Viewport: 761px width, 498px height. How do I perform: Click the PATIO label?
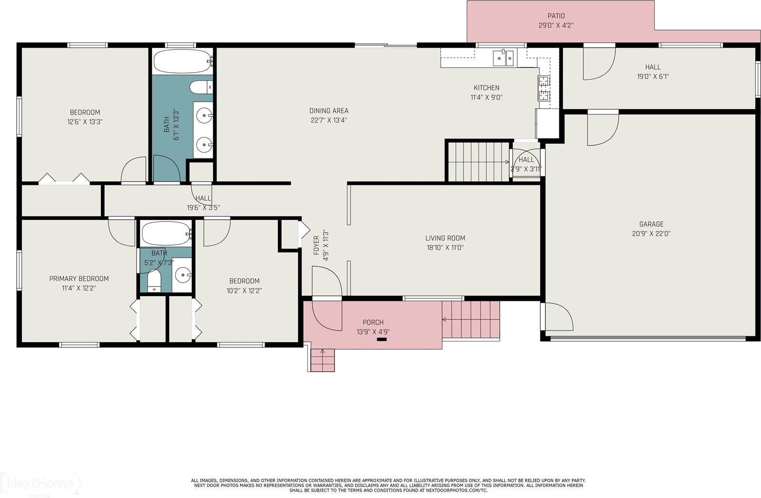556,16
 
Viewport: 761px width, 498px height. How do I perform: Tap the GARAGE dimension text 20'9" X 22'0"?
651,234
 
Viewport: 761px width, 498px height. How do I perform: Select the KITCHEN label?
486,88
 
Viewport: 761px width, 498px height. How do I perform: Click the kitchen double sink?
503,58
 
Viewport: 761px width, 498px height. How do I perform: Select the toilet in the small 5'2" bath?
154,281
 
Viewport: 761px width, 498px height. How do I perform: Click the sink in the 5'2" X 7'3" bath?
183,275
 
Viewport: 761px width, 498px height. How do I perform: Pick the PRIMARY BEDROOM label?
79,279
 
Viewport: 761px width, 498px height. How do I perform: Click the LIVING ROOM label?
445,239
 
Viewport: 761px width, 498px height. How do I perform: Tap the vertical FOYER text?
316,245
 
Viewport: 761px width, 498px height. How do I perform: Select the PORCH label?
373,323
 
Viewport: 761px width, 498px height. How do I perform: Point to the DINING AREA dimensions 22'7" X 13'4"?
328,120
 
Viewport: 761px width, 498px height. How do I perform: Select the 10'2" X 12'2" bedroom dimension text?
244,291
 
